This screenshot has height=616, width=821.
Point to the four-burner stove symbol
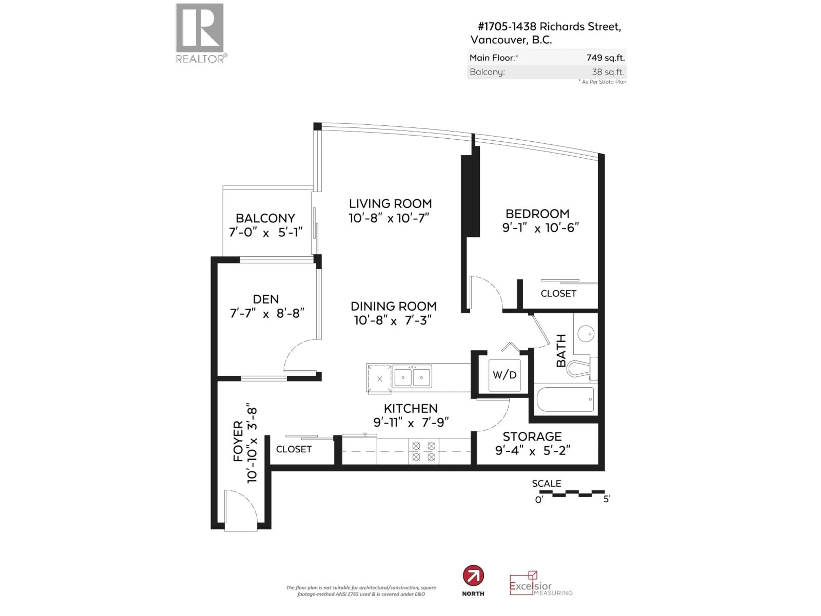pos(424,451)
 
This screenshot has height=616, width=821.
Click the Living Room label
pos(390,203)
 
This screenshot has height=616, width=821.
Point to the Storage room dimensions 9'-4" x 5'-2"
pos(532,451)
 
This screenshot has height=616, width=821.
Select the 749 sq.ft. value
pos(605,58)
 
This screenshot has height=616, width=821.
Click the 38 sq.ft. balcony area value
pos(608,72)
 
